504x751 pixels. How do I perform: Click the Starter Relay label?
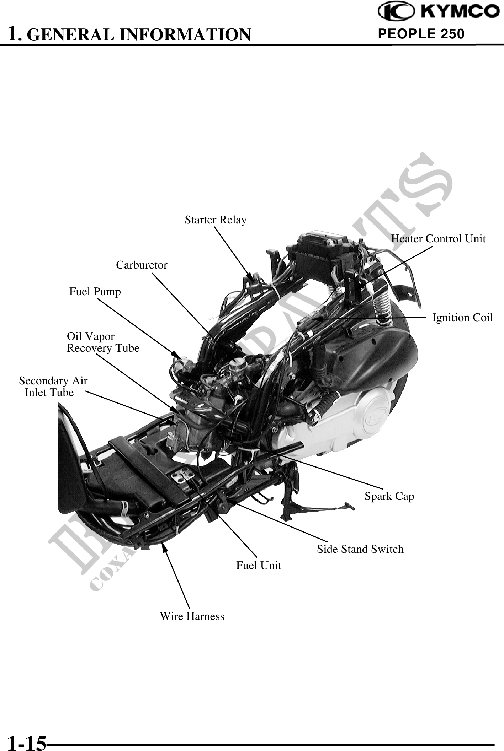[x=216, y=220]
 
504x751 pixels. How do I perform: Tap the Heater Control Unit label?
[x=438, y=239]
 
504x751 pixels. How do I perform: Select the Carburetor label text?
[x=142, y=265]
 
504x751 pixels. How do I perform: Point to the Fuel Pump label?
[x=95, y=292]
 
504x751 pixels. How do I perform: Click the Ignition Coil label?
[x=462, y=318]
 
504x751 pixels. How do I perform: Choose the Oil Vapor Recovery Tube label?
[x=103, y=342]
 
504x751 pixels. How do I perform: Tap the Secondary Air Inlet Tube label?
[x=53, y=387]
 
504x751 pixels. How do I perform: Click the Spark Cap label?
[x=389, y=496]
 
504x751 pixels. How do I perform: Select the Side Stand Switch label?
[x=360, y=549]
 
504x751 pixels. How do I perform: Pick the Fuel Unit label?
[x=259, y=566]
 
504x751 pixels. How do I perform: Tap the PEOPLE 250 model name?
[x=421, y=34]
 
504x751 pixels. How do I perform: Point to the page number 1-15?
[x=27, y=742]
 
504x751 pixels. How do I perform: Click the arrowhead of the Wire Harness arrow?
[x=164, y=547]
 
